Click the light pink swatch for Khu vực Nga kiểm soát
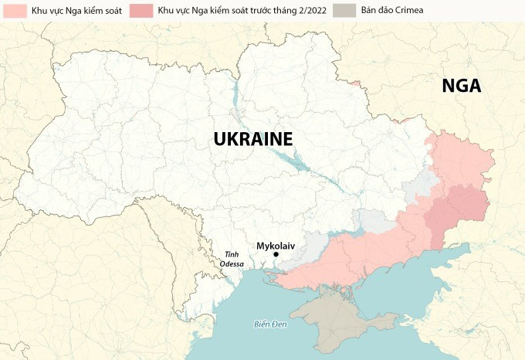[x=13, y=11]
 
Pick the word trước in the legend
[x=262, y=12]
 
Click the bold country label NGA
[x=461, y=86]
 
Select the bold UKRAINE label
[x=252, y=139]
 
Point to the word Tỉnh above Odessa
[x=231, y=254]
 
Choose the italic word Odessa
[x=231, y=264]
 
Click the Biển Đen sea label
[x=270, y=324]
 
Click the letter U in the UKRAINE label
[x=220, y=139]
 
